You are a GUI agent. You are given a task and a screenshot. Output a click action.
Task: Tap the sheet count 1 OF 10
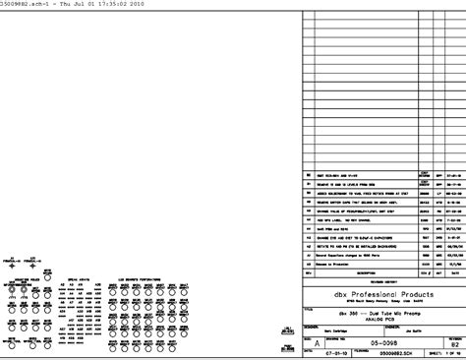[x=439, y=354]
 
